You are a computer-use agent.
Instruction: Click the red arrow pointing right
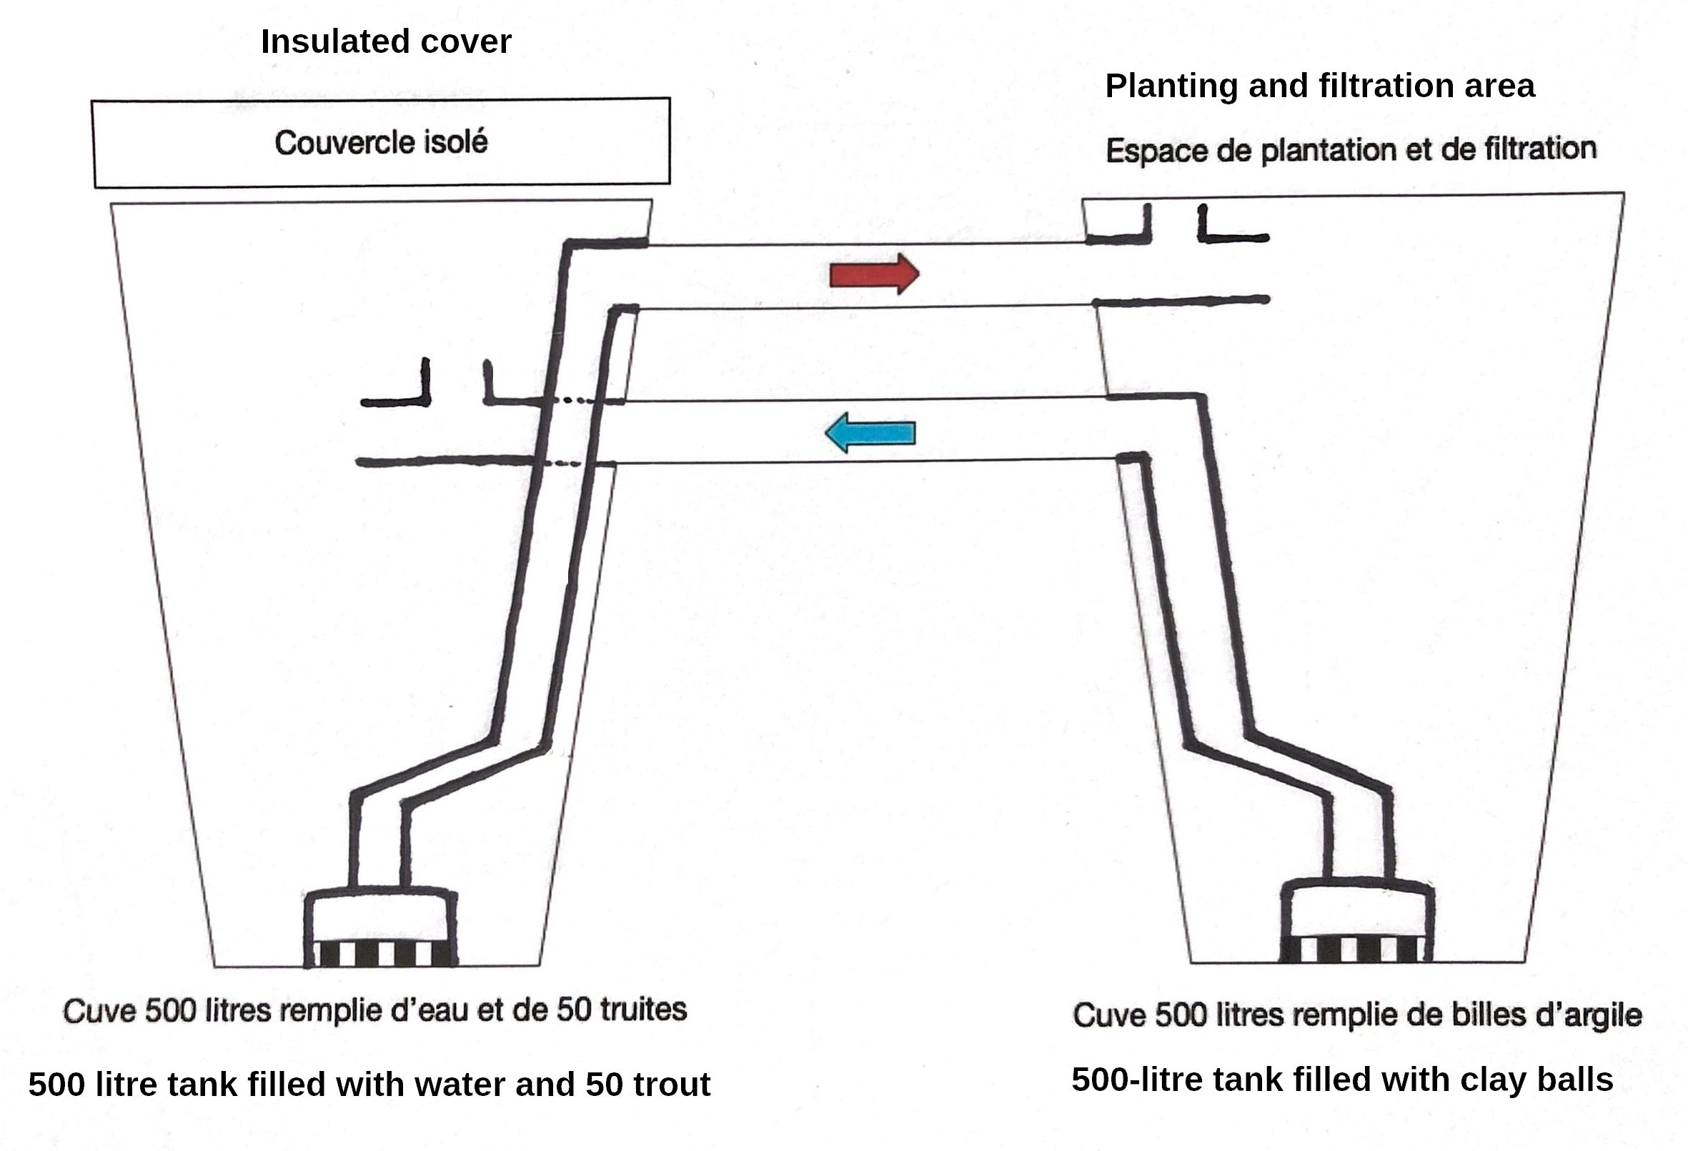pos(874,274)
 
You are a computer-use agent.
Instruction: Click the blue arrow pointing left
pos(870,433)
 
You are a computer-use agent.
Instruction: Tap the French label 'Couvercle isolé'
pos(381,142)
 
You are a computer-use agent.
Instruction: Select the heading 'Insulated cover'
pos(386,41)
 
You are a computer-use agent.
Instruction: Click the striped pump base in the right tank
pos(1356,949)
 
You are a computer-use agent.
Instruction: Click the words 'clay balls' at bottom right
pos(1536,1080)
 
